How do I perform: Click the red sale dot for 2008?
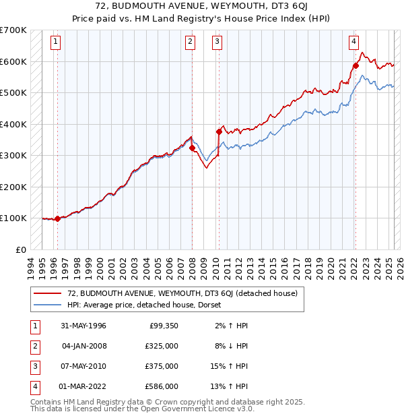[x=192, y=148]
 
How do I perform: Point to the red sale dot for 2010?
[x=219, y=132]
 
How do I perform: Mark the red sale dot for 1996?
[x=58, y=218]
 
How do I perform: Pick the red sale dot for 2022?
[x=356, y=65]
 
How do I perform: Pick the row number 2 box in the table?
[x=34, y=346]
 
